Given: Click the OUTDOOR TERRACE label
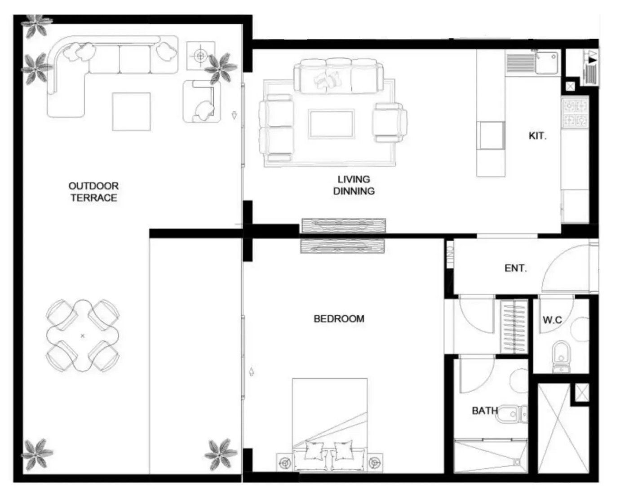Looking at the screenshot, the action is (x=93, y=192).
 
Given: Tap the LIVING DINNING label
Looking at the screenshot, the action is (x=354, y=185).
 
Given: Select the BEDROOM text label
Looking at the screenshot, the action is (x=339, y=318).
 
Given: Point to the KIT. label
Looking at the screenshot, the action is (x=538, y=136).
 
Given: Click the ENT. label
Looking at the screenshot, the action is (x=516, y=268).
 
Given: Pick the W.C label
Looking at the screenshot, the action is (x=552, y=320).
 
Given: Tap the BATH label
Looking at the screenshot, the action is (x=485, y=410).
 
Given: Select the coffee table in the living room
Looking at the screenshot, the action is (x=331, y=124).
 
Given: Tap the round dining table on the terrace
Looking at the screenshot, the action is (x=83, y=336).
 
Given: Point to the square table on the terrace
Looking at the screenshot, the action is (x=131, y=111).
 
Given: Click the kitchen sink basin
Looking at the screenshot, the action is (x=546, y=63).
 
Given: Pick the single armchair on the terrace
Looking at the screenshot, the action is (x=202, y=101).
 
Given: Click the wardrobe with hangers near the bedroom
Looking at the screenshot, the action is (x=514, y=327).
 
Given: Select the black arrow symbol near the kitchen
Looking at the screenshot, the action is (x=593, y=61).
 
